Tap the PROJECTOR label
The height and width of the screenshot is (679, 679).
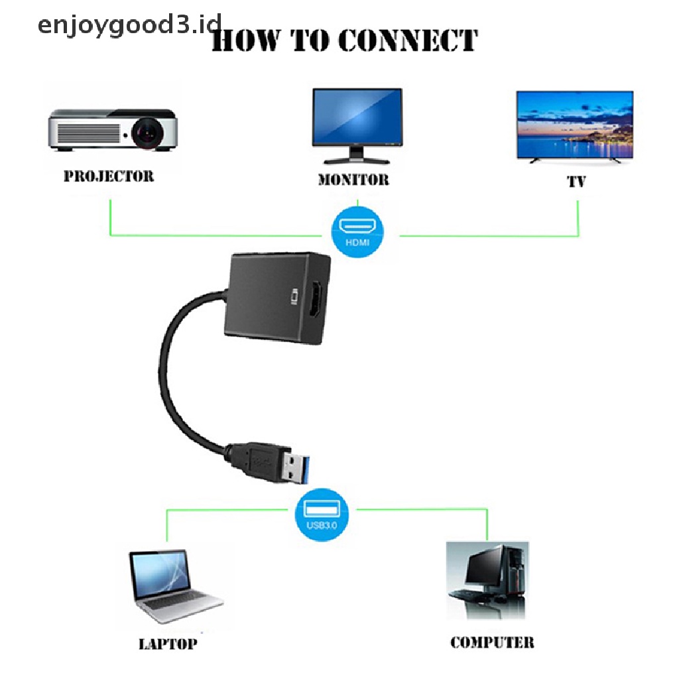point(108,176)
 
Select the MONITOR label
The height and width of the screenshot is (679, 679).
point(353,180)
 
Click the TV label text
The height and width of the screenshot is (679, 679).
point(576,181)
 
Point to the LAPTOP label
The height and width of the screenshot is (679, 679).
point(168,644)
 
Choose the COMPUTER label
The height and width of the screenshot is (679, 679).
point(492,642)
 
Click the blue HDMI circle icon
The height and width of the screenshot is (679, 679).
point(357,231)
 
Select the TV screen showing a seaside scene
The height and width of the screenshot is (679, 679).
point(575,125)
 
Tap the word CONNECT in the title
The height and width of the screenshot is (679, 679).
point(406,40)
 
